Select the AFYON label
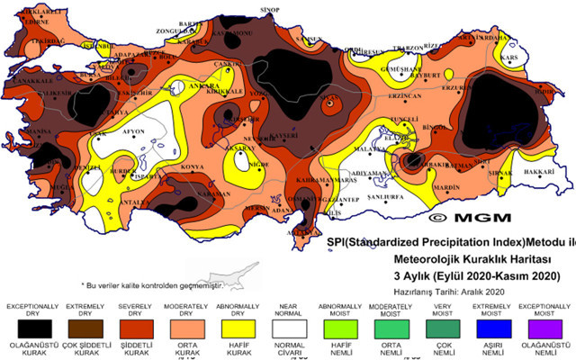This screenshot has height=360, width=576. coord(133,131)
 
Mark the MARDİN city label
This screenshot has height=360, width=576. coord(446,188)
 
